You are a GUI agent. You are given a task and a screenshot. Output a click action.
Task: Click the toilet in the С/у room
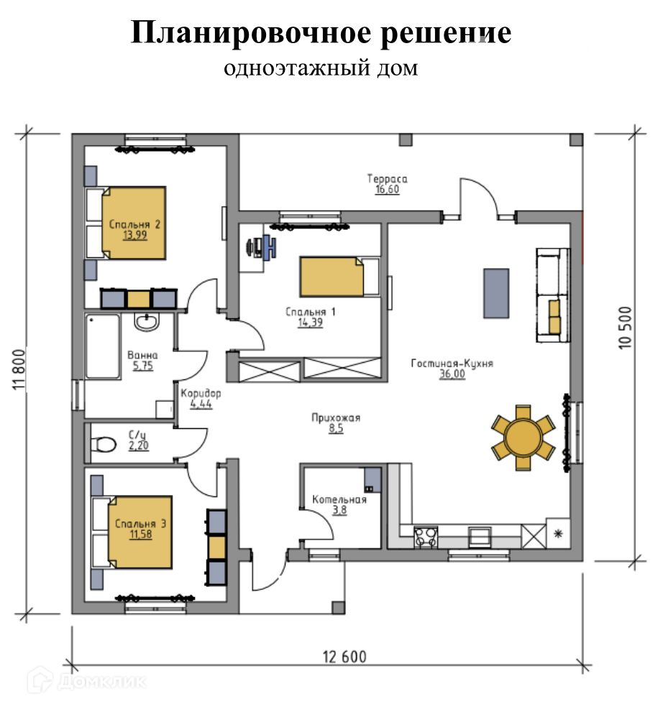point(104,444)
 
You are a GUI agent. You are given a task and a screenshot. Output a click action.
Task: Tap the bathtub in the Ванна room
point(103,346)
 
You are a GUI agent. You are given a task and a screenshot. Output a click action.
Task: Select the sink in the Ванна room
point(147,323)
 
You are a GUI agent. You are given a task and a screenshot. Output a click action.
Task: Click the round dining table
point(523,438)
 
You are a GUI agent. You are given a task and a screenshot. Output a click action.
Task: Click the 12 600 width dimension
point(344,657)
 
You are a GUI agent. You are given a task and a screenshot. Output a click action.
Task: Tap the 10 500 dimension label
point(626,328)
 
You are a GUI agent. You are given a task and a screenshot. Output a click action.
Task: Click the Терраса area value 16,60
point(387,190)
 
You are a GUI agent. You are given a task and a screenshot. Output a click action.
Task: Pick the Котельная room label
point(339,499)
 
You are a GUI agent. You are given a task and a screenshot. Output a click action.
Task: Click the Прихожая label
point(335,417)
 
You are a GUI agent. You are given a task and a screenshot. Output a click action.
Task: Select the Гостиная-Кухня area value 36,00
point(452,374)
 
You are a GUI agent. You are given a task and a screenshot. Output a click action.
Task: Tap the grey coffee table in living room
point(495,293)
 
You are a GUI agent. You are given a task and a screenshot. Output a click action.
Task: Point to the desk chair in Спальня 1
point(270,247)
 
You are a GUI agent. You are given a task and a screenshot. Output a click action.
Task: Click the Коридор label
point(201,393)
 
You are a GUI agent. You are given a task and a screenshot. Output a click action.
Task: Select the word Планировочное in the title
point(251,33)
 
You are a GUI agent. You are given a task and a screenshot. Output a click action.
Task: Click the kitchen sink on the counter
point(480,536)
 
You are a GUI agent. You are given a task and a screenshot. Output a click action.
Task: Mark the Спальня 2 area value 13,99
point(135,235)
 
